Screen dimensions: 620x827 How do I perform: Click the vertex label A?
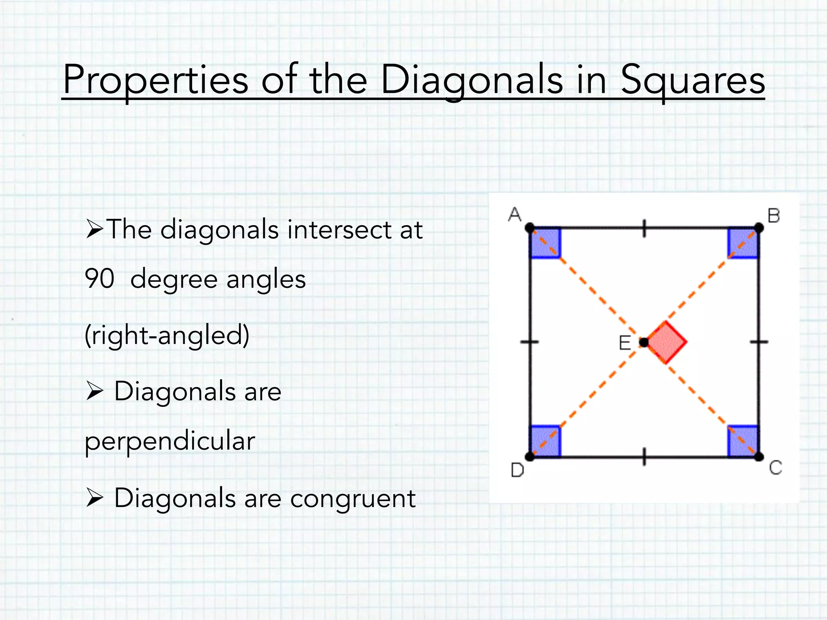coord(514,214)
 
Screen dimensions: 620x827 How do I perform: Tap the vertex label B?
coord(773,216)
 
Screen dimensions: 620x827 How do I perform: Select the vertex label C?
coord(775,468)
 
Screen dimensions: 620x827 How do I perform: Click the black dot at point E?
coord(644,342)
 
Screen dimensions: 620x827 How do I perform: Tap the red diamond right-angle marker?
coord(666,342)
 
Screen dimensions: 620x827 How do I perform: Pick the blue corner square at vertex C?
coord(743,441)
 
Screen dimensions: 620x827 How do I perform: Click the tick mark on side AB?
coord(644,228)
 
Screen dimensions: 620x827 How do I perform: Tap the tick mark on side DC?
coord(644,457)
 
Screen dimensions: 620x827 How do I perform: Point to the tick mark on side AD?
coord(530,342)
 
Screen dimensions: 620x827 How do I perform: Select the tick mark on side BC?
coord(759,342)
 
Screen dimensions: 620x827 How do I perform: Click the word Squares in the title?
coord(693,80)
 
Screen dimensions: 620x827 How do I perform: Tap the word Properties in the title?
coord(155,80)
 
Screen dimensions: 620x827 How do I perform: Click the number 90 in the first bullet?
coord(99,279)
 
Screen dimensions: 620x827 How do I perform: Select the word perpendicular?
coord(170,441)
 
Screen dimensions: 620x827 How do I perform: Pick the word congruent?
coord(353,498)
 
